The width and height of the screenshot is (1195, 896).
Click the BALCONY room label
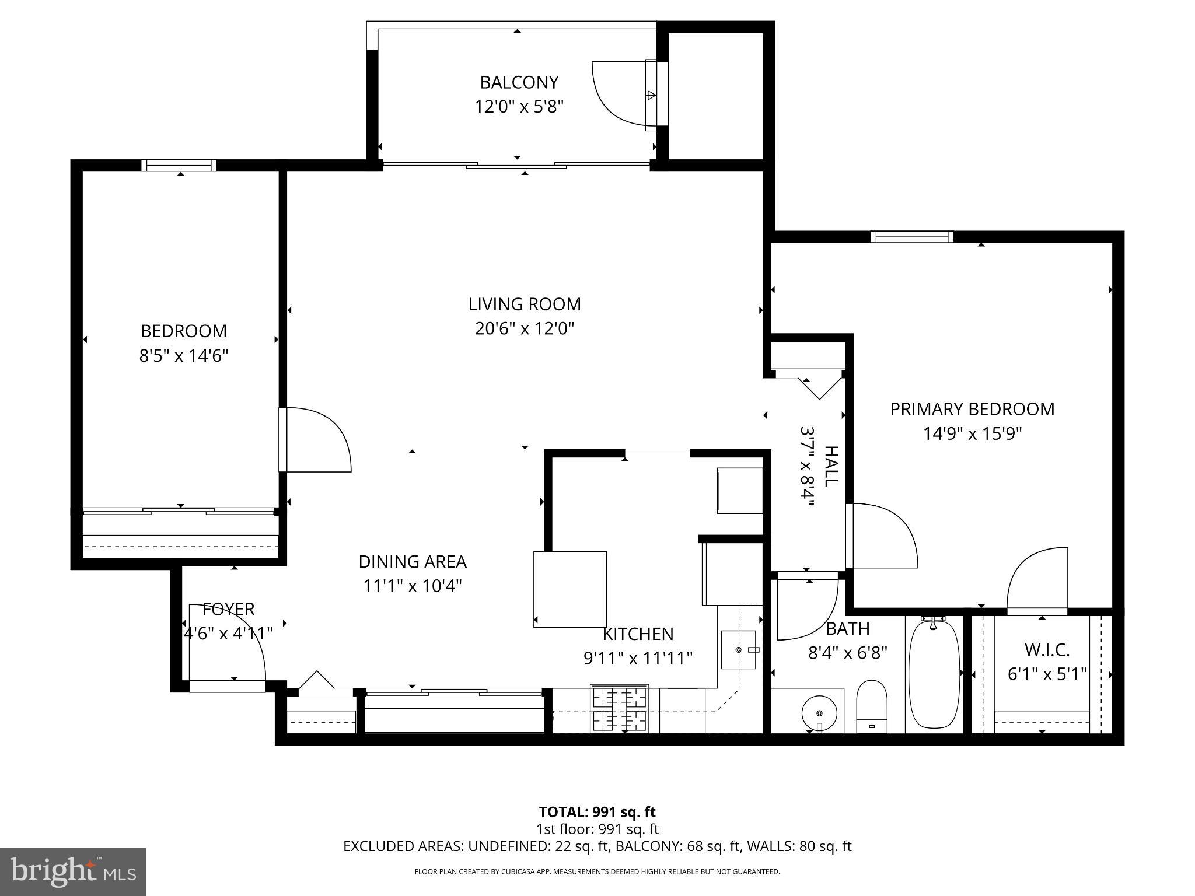[x=519, y=82]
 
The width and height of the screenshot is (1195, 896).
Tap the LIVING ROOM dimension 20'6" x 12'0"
[x=525, y=329]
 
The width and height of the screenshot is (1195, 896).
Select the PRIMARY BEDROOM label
[x=972, y=409]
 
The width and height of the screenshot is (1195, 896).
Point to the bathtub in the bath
[x=934, y=673]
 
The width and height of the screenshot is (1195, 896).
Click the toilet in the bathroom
[x=872, y=706]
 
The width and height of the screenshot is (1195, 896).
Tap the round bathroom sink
[x=820, y=713]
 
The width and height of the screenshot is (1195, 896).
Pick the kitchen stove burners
[x=620, y=708]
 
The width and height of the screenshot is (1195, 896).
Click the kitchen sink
[x=739, y=649]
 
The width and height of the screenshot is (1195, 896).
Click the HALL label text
[x=830, y=466]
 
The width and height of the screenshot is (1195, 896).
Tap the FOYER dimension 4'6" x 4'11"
[x=228, y=633]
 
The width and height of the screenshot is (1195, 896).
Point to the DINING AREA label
[x=413, y=562]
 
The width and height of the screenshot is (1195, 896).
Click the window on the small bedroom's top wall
[x=179, y=166]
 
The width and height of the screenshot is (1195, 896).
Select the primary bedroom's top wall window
[x=912, y=237]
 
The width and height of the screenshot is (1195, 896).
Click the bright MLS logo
[x=73, y=871]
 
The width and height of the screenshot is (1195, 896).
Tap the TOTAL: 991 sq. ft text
[x=597, y=812]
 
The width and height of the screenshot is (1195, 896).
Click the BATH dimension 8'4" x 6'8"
[x=847, y=652]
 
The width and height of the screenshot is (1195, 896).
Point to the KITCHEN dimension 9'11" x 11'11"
[x=638, y=658]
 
